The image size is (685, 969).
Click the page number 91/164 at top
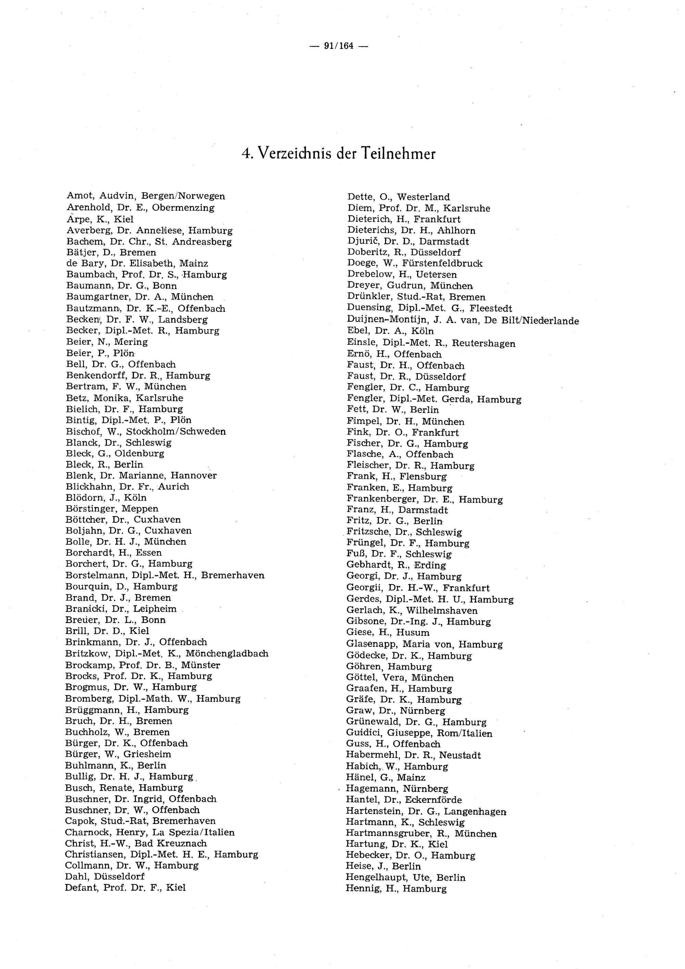[x=339, y=46]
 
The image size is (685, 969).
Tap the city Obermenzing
[x=183, y=208]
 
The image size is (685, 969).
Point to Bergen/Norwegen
[x=183, y=196]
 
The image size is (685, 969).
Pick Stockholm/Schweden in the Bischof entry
[x=176, y=431]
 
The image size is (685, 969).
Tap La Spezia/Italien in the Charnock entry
[x=194, y=832]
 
